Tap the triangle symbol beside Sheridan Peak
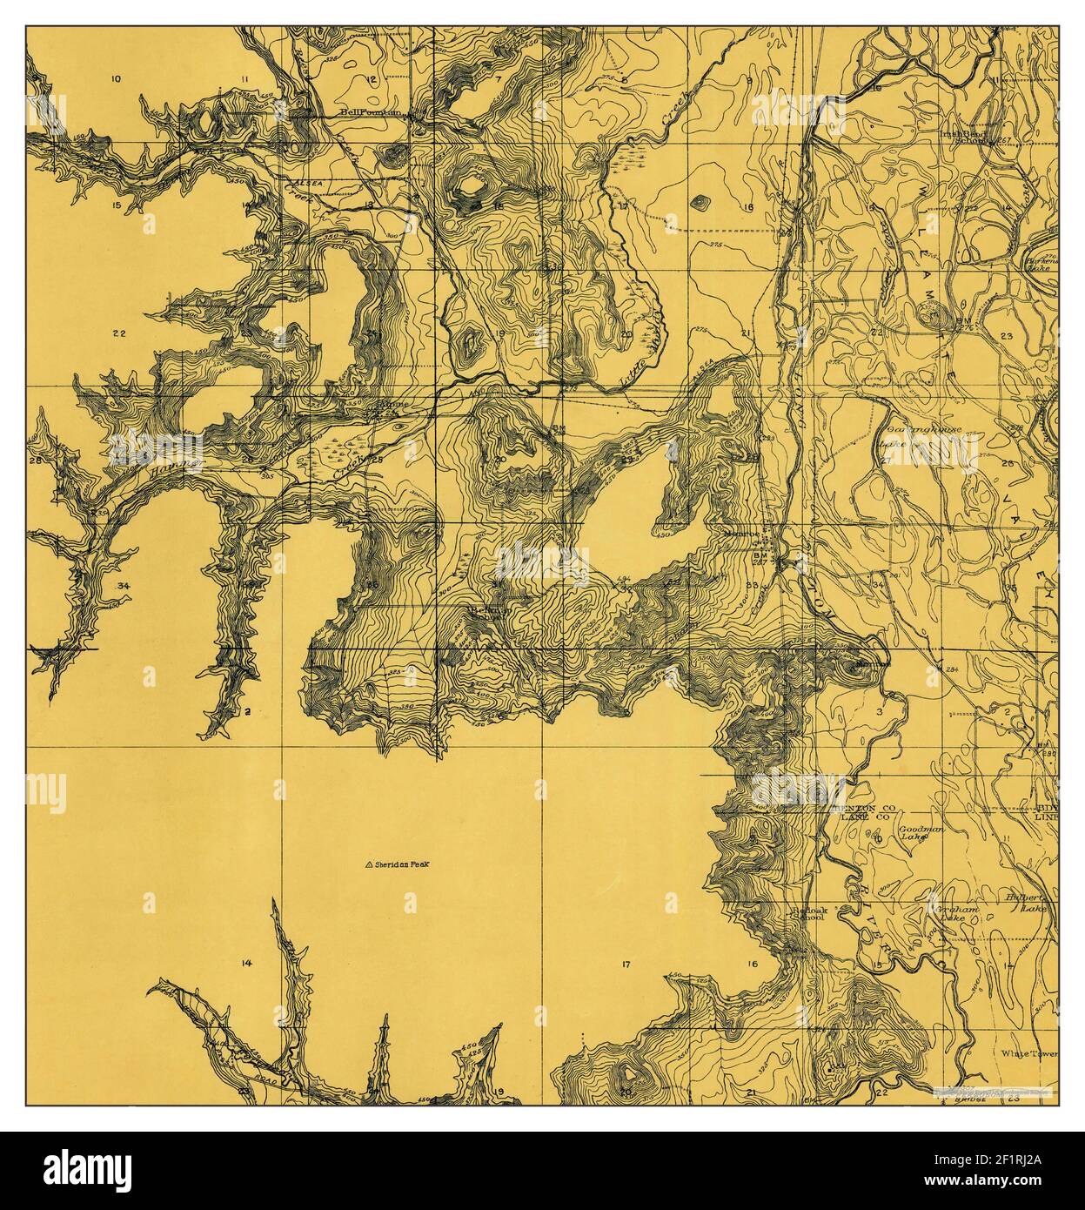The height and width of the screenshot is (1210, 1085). pos(369,864)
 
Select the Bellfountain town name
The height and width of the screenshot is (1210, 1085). pos(372,112)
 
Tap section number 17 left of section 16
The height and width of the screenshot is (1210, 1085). pos(625,964)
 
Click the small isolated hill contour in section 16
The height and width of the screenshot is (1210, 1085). pos(698,203)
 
